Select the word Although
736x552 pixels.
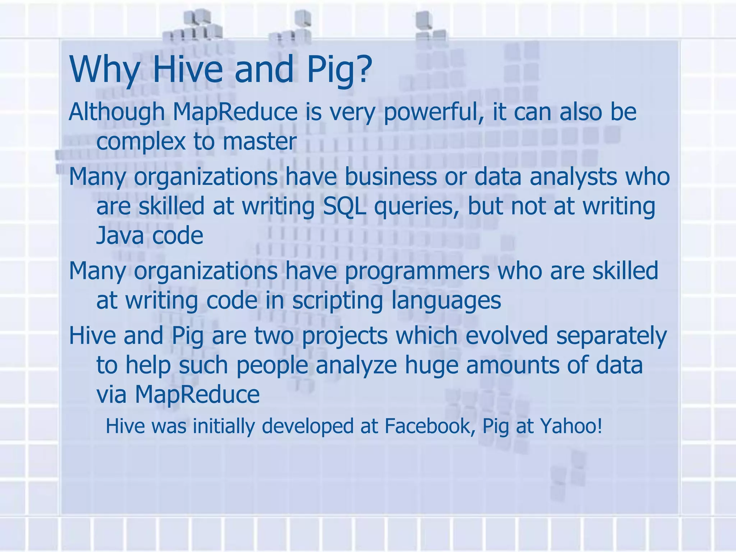coord(116,112)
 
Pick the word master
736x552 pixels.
coord(259,141)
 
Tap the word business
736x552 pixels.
coord(391,177)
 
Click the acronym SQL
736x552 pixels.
coord(344,207)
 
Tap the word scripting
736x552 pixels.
coord(337,301)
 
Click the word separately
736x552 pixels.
coord(611,336)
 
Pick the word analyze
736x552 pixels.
coord(356,365)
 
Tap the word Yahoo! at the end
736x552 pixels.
coord(571,426)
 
